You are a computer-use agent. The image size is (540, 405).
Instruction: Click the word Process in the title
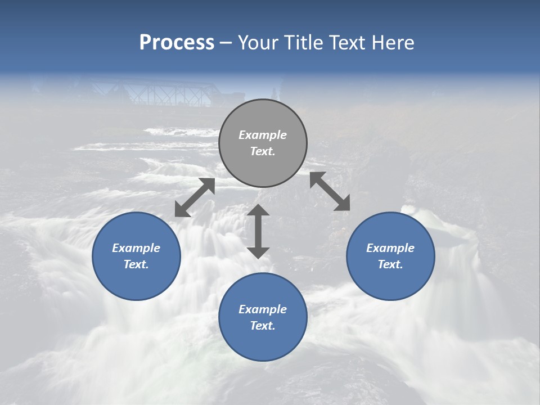(177, 43)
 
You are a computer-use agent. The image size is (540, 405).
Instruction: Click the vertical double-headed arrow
(258, 231)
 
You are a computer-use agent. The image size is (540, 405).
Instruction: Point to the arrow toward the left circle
(195, 197)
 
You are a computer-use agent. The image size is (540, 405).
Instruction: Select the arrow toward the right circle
(330, 191)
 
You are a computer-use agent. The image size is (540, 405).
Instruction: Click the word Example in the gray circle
(263, 135)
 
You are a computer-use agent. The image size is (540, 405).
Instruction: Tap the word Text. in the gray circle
(263, 151)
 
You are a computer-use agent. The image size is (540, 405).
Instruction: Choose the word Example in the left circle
(136, 248)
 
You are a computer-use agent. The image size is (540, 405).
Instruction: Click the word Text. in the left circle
(136, 264)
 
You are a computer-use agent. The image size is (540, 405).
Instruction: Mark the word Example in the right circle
(390, 248)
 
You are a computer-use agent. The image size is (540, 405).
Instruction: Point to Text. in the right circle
(390, 264)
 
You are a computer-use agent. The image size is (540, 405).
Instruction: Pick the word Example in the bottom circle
(263, 309)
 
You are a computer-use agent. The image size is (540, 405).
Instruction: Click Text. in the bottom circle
(263, 326)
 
